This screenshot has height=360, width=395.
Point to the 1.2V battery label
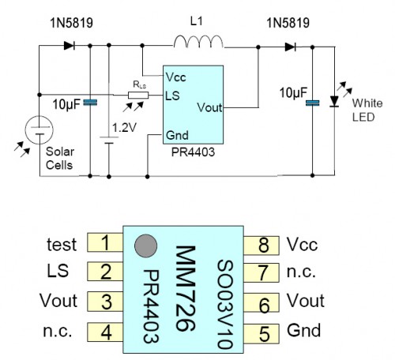[x=124, y=126]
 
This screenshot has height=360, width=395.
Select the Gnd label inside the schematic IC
[x=176, y=136]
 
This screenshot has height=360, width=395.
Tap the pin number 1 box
[x=103, y=245]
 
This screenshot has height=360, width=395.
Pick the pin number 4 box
[x=103, y=330]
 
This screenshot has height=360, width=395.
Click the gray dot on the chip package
[x=144, y=246]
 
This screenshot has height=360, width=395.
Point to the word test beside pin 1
[x=62, y=245]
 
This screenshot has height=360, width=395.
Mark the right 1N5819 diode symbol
[x=291, y=47]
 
